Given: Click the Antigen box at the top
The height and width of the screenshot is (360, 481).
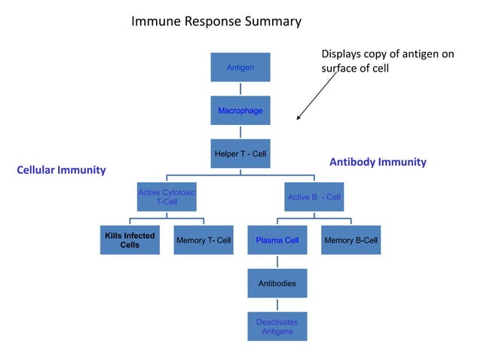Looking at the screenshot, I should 240,68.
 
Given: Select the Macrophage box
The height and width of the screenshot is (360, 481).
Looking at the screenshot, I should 240,111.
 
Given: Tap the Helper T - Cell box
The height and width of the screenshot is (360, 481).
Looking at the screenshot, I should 240,154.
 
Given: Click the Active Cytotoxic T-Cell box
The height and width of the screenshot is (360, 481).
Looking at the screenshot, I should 166,197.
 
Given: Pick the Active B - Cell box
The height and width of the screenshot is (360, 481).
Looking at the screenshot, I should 314,197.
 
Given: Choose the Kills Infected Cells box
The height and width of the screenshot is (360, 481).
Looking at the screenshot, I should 130,240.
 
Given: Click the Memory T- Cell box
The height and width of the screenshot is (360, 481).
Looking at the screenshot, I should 203,240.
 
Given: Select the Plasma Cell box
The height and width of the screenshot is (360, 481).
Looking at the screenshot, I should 277,240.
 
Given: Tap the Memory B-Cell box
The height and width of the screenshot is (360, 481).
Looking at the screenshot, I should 351,240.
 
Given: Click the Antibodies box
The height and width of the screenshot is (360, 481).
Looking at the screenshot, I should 277,283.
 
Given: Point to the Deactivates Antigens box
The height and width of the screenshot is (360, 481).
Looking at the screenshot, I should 277,326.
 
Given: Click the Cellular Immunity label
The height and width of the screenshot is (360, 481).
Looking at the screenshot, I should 61,170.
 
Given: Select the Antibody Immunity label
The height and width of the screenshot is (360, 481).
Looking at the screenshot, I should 378,162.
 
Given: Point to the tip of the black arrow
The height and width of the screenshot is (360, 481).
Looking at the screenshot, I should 298,120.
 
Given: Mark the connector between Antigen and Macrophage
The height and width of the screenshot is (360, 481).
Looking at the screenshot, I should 240,90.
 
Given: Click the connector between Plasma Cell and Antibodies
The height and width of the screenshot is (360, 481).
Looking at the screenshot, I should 277,261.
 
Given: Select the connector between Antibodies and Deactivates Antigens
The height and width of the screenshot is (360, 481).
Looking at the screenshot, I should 277,304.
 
